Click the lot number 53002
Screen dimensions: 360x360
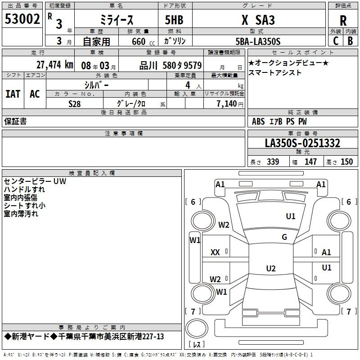22,19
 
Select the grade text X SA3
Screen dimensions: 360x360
258,20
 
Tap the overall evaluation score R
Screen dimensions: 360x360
343,21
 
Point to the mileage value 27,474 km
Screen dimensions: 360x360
55,65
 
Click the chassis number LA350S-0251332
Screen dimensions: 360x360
302,143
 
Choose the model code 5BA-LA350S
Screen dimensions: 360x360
258,41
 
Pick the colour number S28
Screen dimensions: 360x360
74,104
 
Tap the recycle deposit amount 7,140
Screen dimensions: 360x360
227,104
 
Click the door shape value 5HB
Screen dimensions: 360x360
174,20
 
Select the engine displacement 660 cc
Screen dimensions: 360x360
143,41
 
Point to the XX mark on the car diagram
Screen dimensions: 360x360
215,252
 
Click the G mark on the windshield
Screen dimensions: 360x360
284,237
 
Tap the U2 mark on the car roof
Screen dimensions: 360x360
271,268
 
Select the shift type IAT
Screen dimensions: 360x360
13,94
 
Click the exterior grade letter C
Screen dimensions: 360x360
335,41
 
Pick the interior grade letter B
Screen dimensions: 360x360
350,41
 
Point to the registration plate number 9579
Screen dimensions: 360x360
193,65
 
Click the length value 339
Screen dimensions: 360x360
273,162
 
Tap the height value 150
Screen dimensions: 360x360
346,162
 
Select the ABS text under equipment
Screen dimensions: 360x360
258,121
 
